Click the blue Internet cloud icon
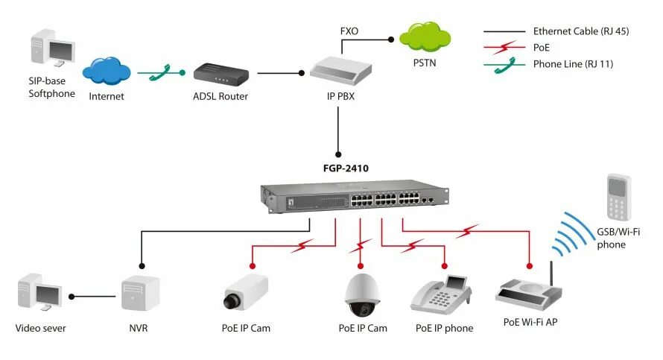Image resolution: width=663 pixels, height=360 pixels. pos(107,71)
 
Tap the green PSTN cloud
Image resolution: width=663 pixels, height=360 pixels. pos(425,37)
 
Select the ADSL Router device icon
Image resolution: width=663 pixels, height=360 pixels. pos(221,75)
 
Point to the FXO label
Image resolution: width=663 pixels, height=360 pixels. pos(349,31)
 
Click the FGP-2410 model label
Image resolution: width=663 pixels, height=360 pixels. pos(346,168)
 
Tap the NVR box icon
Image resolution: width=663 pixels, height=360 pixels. pos(140,293)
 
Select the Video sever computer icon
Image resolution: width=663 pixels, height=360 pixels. pos(39,292)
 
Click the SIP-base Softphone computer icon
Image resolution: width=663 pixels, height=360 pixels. pos(53,48)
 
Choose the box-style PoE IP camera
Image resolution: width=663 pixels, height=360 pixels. pos(246,292)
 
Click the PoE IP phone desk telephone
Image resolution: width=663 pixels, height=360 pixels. pos(441,295)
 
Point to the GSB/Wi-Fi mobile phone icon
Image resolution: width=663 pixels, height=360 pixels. pos(619,197)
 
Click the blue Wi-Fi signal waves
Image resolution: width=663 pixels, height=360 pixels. pos(573,234)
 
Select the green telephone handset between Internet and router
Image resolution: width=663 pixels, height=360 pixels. pos(161,73)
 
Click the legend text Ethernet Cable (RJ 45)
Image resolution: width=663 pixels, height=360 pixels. pos(581,31)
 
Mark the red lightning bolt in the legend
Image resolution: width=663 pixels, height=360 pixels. pos(504,47)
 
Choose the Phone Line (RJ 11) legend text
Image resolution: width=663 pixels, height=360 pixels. pos(573,64)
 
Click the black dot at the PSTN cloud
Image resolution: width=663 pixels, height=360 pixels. pos(391,40)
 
